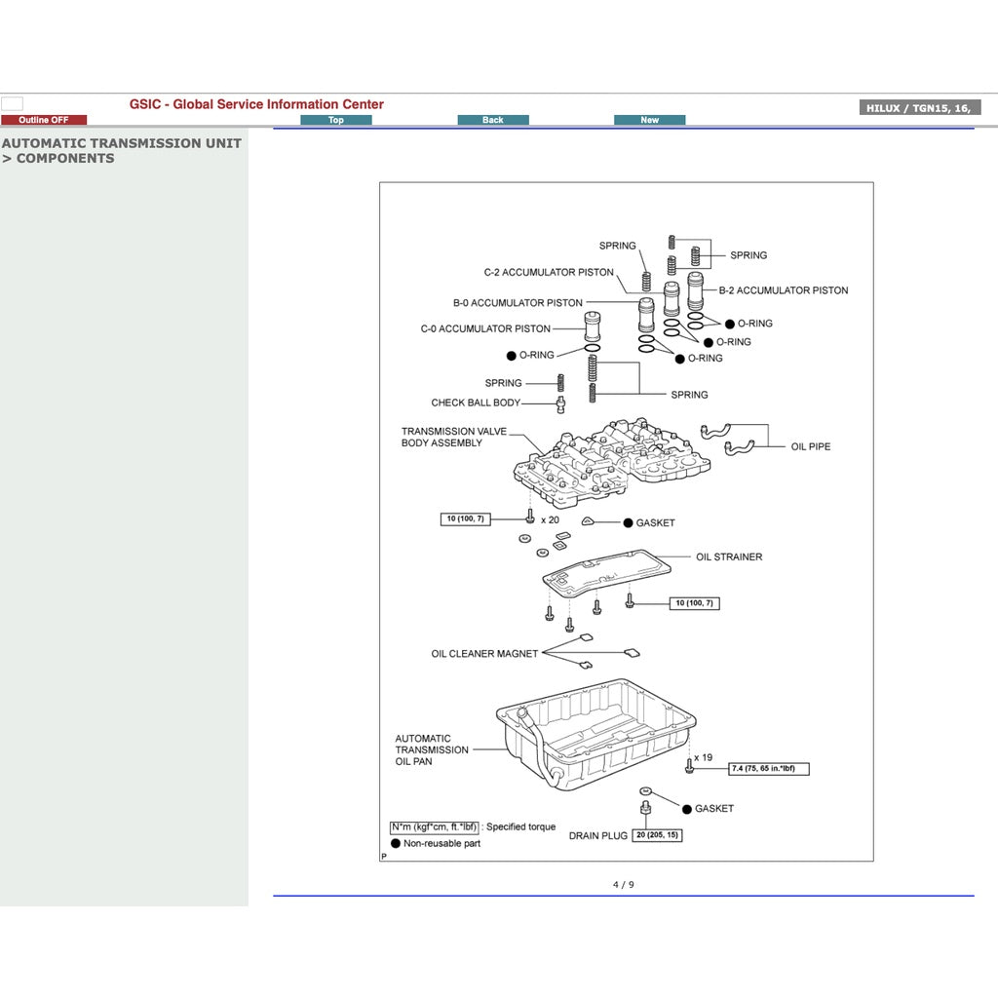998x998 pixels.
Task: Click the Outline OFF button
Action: pyautogui.click(x=44, y=120)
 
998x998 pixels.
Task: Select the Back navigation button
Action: pyautogui.click(x=493, y=120)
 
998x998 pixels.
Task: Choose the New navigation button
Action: pyautogui.click(x=649, y=120)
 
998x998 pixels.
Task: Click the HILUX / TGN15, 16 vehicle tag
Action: pyautogui.click(x=919, y=108)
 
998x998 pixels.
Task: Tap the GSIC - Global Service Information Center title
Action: pyautogui.click(x=256, y=104)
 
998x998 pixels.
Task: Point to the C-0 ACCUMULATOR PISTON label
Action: pyautogui.click(x=485, y=329)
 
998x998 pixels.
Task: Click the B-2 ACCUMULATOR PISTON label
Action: pyautogui.click(x=783, y=290)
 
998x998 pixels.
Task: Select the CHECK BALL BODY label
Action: pyautogui.click(x=476, y=403)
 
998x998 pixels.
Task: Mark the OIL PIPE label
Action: pyautogui.click(x=811, y=446)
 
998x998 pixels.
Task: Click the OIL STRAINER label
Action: pyautogui.click(x=729, y=557)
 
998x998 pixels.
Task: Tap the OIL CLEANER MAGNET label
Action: pyautogui.click(x=484, y=654)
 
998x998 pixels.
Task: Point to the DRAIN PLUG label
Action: pyautogui.click(x=598, y=836)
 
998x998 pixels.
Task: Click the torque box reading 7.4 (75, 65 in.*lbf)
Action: pyautogui.click(x=769, y=769)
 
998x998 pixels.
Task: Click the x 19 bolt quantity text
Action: pyautogui.click(x=703, y=757)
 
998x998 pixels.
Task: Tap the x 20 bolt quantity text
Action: pyautogui.click(x=550, y=519)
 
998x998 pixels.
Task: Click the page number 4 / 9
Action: pyautogui.click(x=623, y=885)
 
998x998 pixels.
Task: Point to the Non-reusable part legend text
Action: pyautogui.click(x=441, y=844)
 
